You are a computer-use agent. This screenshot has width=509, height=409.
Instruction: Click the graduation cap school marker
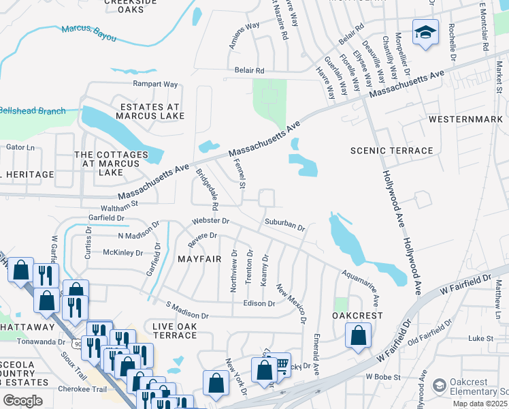[x=425, y=32]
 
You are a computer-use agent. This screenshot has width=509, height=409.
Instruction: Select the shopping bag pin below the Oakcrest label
[x=358, y=336]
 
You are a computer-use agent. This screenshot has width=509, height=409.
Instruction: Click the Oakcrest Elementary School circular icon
[x=439, y=387]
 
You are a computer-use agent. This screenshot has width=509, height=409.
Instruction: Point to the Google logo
[x=22, y=400]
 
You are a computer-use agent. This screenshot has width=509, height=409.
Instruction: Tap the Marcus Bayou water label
[x=88, y=30]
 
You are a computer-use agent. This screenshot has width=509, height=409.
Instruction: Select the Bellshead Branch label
[x=32, y=111]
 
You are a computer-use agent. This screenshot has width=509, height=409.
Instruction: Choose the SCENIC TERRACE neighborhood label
[x=391, y=151]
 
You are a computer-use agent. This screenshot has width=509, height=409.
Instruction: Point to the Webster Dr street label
[x=211, y=222]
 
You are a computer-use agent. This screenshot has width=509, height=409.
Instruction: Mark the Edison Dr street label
[x=258, y=303]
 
